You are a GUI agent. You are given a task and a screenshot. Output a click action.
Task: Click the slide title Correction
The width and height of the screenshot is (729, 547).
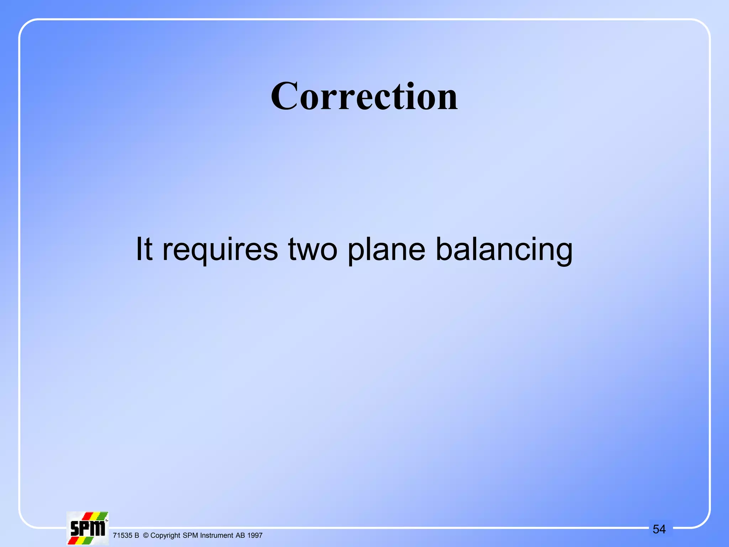coord(364,96)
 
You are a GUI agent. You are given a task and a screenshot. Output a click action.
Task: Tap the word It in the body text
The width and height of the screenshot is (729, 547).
coord(144,249)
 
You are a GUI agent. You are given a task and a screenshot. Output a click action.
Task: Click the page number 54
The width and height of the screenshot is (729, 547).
coord(659,529)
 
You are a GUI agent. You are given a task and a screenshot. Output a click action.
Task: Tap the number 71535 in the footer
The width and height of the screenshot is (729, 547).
coord(122,536)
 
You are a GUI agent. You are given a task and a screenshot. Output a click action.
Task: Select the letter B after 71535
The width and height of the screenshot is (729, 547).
coord(137,536)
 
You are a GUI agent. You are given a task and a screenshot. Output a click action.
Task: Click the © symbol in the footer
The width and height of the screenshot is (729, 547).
coord(146,536)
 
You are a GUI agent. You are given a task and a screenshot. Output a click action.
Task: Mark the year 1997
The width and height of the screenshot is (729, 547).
coord(255,536)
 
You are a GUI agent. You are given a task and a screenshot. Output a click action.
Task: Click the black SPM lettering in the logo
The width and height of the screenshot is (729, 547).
coord(88,529)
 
